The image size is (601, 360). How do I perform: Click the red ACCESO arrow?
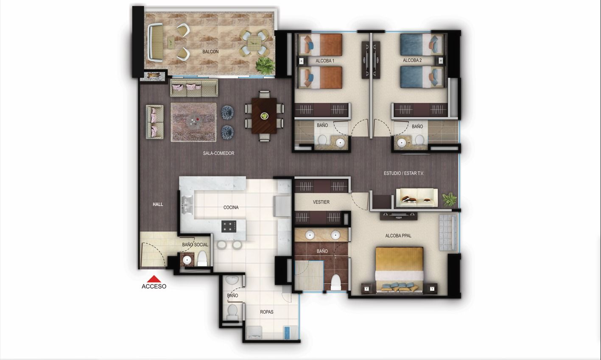[154, 279]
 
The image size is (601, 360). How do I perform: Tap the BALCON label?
[210, 52]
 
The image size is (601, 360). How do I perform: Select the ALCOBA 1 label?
[325, 61]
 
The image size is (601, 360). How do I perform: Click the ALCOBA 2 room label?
[412, 61]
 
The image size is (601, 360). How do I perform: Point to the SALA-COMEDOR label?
[218, 153]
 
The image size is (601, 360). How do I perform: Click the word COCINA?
[231, 207]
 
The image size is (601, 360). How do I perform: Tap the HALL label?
[158, 204]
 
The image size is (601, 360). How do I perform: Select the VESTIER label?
[321, 202]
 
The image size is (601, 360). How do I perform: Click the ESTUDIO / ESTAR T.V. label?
[403, 173]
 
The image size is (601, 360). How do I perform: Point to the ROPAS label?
[266, 312]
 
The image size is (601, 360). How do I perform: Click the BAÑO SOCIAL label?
[195, 245]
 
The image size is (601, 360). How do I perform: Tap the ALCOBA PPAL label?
[398, 236]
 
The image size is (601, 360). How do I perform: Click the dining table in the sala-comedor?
[264, 115]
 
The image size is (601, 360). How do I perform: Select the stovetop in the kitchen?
[229, 226]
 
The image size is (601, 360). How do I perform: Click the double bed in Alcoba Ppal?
[399, 269]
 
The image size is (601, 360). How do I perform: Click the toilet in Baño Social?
[202, 258]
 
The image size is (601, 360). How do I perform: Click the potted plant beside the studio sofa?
[449, 198]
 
